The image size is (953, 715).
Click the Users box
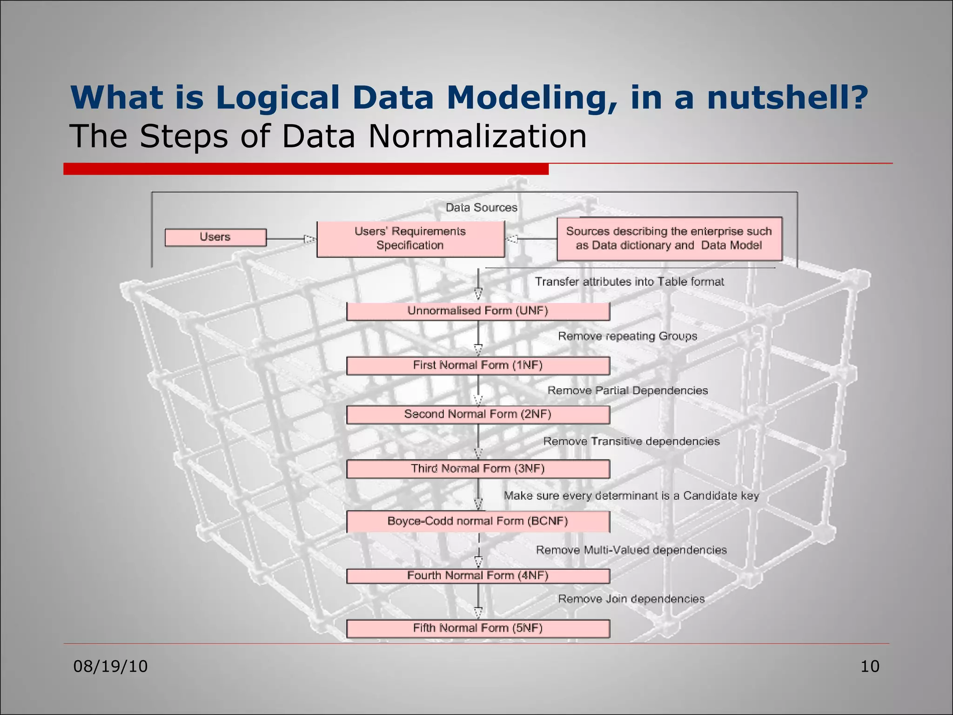coord(215,237)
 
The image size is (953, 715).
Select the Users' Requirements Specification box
coord(410,239)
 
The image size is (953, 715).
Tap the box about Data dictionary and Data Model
coord(669,239)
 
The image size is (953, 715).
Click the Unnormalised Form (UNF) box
coord(478,311)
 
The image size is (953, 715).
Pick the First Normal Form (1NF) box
coord(478,365)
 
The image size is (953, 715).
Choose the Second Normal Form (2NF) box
coord(478,414)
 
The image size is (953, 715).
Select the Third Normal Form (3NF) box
coord(478,469)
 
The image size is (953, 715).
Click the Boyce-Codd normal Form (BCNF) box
coord(478,521)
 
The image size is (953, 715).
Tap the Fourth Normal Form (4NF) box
coord(478,576)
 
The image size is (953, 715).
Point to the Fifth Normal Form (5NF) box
coord(478,628)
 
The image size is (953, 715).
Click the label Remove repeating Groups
coord(627,336)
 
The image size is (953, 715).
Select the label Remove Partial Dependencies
coord(627,391)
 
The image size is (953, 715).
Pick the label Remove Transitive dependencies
coord(631,441)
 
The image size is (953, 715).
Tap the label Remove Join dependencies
coord(631,599)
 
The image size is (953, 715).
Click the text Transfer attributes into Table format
coord(629,282)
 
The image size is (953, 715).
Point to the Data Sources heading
coord(481,208)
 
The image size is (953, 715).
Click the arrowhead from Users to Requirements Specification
coord(309,239)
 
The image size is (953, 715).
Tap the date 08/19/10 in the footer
coord(111,667)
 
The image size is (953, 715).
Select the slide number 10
coord(870,667)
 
